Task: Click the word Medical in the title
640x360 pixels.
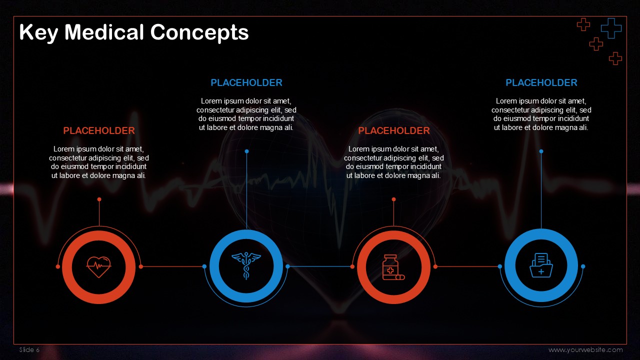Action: [104, 32]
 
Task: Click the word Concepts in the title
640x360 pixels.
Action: [199, 32]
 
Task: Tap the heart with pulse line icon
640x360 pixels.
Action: [99, 267]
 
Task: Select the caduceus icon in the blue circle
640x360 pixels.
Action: [246, 265]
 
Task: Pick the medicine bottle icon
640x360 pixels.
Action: [393, 267]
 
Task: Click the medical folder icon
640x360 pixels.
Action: [541, 265]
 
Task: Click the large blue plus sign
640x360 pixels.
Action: [611, 28]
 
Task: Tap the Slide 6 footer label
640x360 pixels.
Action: [29, 349]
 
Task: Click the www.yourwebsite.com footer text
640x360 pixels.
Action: [585, 349]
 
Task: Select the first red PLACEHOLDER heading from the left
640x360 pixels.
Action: [99, 130]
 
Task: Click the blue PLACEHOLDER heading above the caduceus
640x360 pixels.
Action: [246, 82]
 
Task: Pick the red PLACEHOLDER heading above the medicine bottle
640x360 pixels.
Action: [393, 130]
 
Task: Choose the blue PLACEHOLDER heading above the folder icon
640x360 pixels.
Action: [541, 82]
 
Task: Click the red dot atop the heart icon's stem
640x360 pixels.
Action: [99, 199]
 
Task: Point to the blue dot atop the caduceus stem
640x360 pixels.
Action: [246, 151]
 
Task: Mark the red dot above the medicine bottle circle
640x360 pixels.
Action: [393, 199]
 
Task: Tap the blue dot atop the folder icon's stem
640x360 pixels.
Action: [541, 151]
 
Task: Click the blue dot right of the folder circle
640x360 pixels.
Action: [583, 266]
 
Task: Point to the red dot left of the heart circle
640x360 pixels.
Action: [57, 266]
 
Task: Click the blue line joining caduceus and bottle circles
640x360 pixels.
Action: [320, 266]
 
